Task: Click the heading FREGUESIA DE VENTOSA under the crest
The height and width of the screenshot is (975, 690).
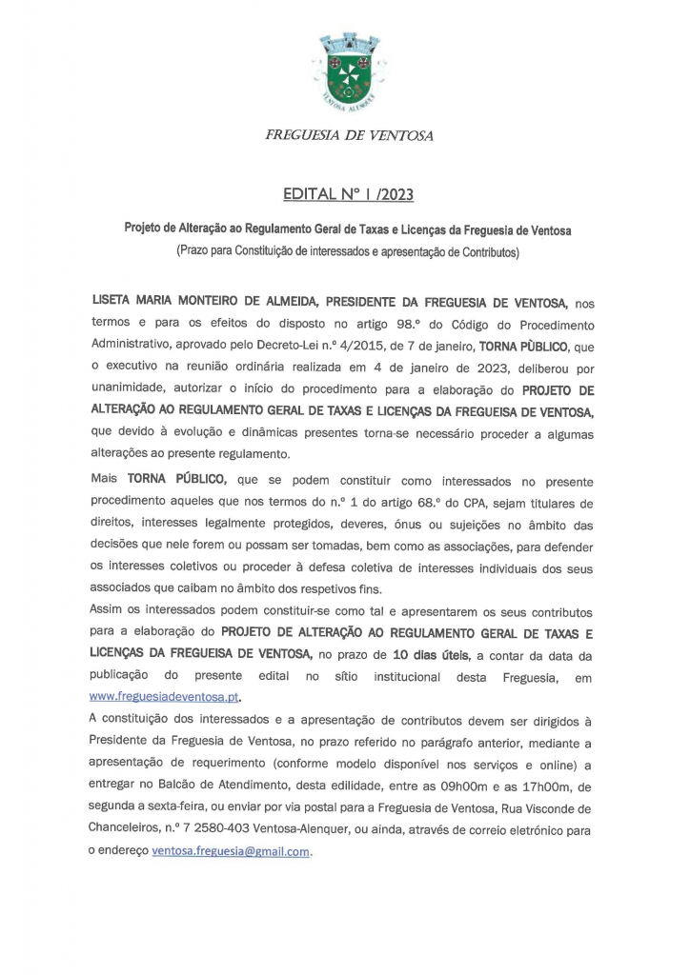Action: point(349,136)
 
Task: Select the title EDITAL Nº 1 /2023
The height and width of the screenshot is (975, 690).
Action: point(348,195)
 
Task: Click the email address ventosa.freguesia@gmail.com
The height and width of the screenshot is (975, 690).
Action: point(231,851)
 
